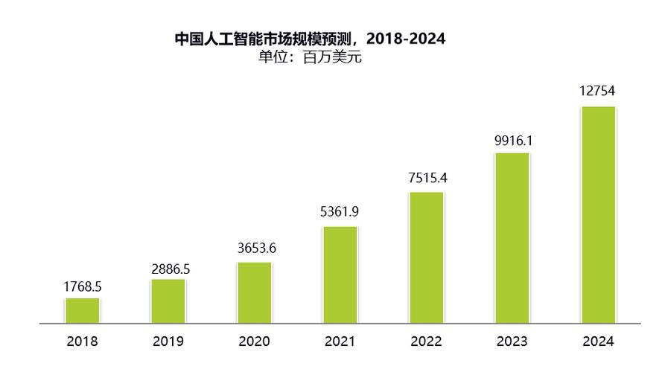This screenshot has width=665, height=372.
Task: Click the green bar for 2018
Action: [82, 311]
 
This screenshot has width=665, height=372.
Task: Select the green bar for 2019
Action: [168, 301]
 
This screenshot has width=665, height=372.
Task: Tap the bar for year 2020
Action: [254, 293]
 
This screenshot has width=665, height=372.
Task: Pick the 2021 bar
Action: [340, 275]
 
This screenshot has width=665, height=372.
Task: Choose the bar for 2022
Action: [426, 257]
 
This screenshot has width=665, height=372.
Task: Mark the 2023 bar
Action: [512, 238]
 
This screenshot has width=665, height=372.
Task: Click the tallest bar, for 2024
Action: [598, 215]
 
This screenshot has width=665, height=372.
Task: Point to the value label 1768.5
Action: [82, 286]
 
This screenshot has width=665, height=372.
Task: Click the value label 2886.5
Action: [171, 269]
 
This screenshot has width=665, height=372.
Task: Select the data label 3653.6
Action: [257, 248]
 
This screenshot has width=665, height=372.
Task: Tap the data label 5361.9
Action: [340, 212]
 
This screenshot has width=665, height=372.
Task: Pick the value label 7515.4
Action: [428, 178]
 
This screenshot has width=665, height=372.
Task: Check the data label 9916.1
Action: [514, 141]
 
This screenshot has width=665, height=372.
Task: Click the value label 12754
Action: [597, 92]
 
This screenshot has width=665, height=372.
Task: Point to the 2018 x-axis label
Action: [82, 342]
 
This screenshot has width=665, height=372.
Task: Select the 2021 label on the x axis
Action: [340, 342]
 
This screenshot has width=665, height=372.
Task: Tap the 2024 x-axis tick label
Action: [598, 342]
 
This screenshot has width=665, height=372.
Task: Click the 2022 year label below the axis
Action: [426, 342]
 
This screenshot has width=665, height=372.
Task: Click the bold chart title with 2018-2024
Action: [310, 39]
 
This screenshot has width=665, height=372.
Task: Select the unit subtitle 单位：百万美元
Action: [310, 57]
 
